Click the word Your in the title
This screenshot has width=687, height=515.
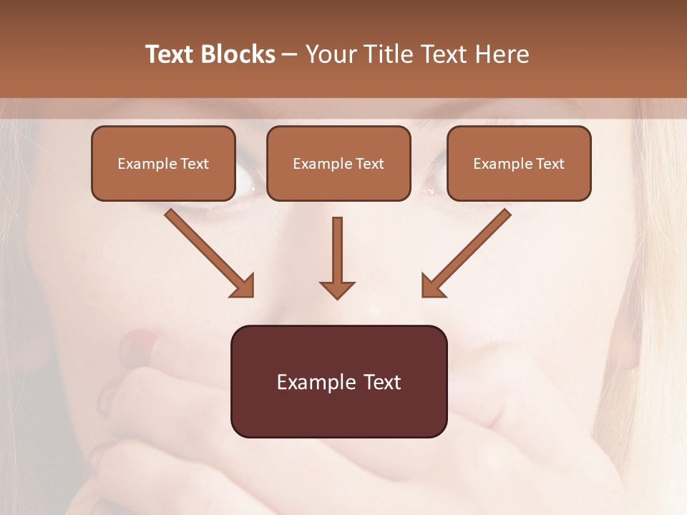tap(330, 54)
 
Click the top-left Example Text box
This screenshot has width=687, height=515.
tap(163, 164)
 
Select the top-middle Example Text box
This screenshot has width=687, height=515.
tap(338, 164)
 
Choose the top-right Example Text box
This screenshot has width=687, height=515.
tap(519, 164)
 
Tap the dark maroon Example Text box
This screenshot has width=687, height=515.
tap(339, 381)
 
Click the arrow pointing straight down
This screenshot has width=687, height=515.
tap(337, 257)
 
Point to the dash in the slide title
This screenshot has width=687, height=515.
tap(290, 54)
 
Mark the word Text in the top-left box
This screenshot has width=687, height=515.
tap(195, 164)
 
